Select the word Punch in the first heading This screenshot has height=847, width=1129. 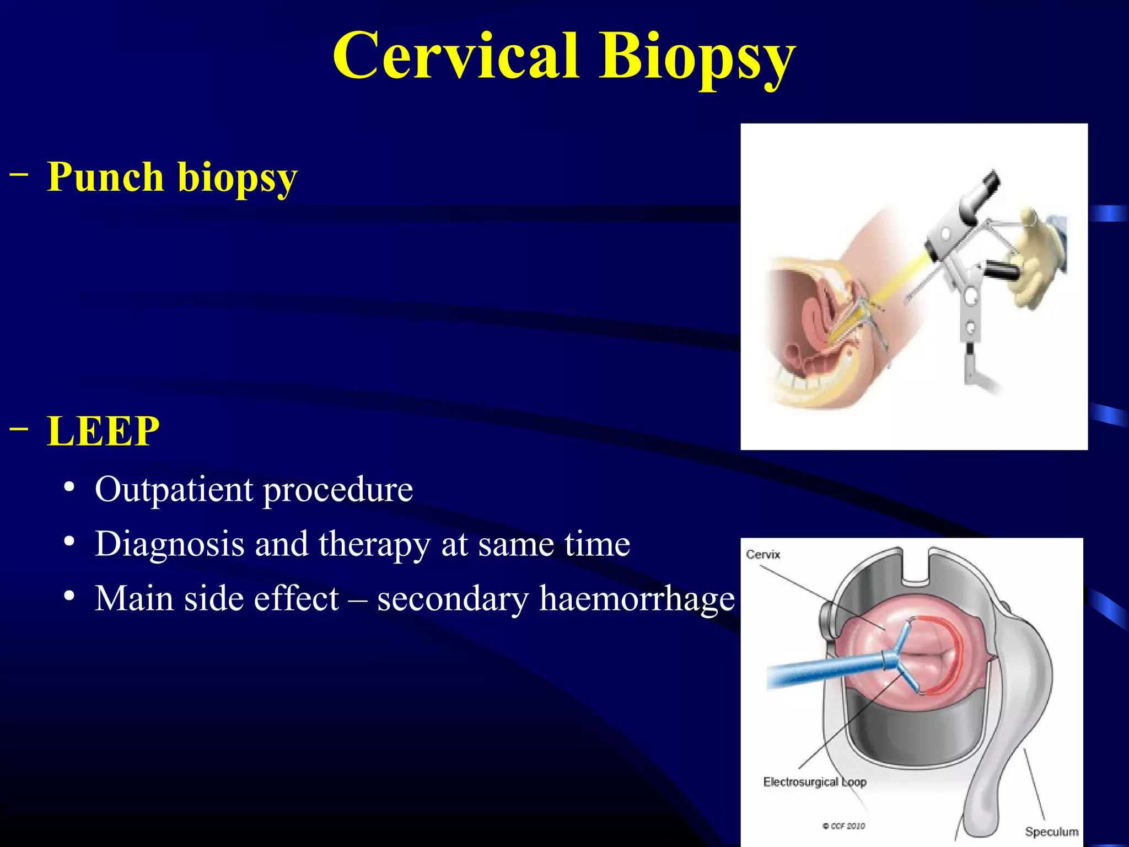point(105,178)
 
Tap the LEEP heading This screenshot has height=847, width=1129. point(103,431)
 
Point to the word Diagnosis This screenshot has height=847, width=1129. point(169,544)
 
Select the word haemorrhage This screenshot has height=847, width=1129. point(637,599)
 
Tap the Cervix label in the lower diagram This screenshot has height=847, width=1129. point(763,555)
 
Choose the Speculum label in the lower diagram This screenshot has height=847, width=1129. point(1051,832)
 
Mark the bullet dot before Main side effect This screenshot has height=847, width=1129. point(69,597)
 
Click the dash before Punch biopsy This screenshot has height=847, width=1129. point(19,175)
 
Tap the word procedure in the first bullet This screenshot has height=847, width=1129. point(338,490)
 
